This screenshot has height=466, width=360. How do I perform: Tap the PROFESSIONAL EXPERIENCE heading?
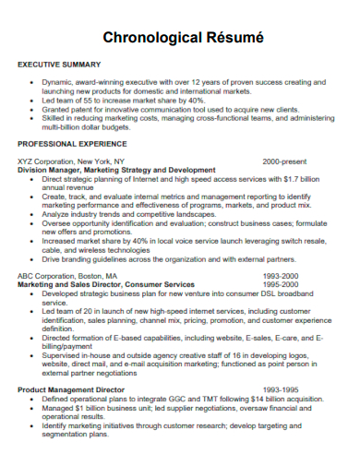click(70, 145)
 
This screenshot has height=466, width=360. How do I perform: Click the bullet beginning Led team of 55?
click(126, 100)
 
